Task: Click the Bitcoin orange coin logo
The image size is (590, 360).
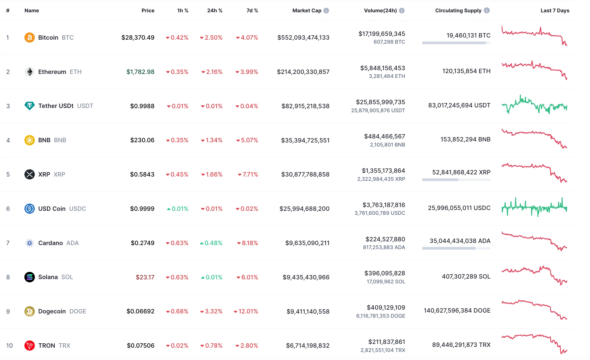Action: tap(29, 37)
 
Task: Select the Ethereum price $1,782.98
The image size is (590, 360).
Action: tap(140, 72)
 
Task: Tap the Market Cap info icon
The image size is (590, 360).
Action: tap(326, 10)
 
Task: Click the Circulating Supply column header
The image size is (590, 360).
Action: tap(458, 10)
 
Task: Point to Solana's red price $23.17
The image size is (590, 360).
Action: tap(145, 277)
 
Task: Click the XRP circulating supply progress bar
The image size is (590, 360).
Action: tap(456, 180)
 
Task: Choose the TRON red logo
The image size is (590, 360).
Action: tap(29, 346)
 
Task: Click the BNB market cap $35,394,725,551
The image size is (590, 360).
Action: tap(305, 140)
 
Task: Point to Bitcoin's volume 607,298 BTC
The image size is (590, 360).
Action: tap(389, 42)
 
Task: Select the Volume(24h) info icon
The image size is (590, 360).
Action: tap(402, 10)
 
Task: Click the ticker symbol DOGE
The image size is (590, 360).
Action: tap(78, 311)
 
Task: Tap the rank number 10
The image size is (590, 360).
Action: tap(9, 346)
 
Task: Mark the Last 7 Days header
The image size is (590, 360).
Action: tap(555, 10)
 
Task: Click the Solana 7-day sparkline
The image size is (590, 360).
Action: tap(534, 275)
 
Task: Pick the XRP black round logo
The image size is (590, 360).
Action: tap(29, 174)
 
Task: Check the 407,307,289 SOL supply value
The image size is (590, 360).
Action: tap(466, 276)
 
